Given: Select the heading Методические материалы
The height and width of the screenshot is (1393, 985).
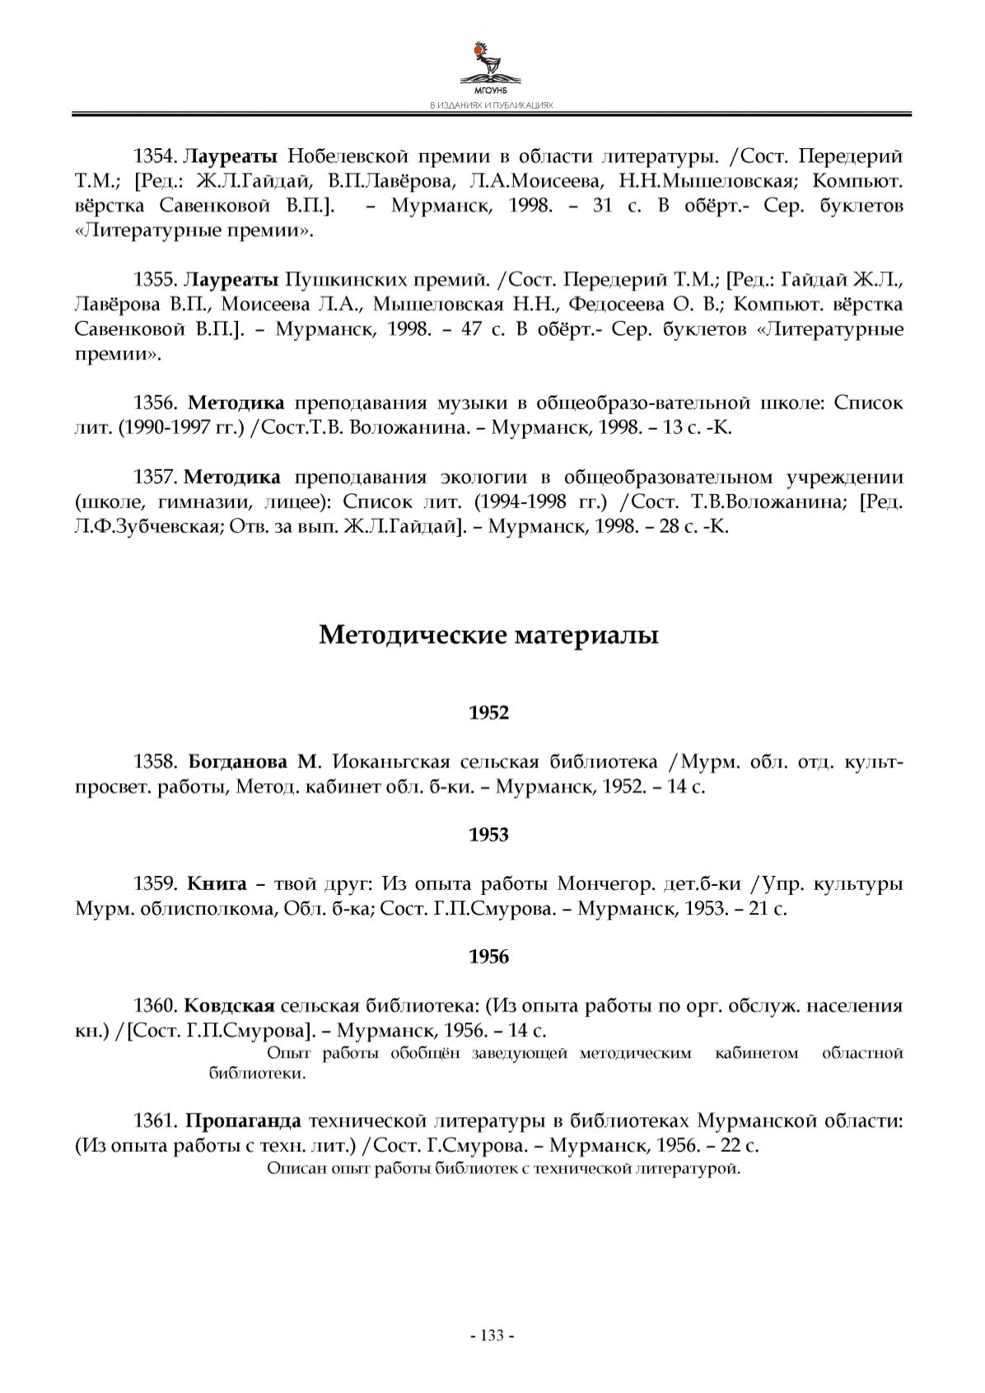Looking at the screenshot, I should pos(488,635).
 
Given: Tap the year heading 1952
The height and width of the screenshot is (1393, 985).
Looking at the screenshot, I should pos(489,713).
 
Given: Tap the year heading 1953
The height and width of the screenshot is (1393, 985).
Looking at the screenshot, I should pos(489,835).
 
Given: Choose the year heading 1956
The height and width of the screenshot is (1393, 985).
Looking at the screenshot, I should pos(489,957).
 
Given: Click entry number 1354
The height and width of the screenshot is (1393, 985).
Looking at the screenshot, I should pos(155,156).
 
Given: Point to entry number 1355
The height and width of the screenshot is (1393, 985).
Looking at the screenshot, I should pos(155,280).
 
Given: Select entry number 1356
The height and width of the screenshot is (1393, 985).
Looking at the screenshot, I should pos(155,403).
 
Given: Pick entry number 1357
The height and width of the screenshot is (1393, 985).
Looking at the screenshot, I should pos(155,478).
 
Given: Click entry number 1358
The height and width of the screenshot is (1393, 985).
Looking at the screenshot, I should pos(155,762).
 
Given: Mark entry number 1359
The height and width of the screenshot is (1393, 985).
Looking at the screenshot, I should pos(155,884).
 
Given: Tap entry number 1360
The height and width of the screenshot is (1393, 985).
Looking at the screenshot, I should pos(155,1006).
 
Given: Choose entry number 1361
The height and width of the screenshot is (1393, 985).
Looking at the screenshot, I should pos(155,1121).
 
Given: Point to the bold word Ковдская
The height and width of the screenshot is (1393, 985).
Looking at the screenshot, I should pos(229,1006).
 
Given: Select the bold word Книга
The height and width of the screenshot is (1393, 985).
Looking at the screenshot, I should pos(217,884).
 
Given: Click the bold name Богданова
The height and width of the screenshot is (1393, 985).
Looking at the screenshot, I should pos(237,762).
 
